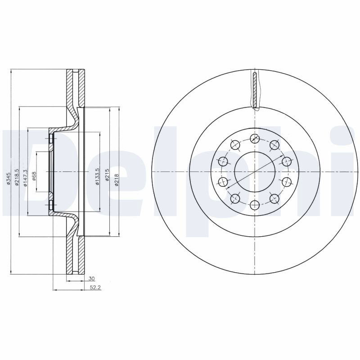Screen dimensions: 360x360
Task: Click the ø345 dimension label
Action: (x=8, y=178)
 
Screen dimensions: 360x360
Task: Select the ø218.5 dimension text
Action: (x=17, y=177)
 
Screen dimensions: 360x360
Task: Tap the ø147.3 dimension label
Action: (x=25, y=178)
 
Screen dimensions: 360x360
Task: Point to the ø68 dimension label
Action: (x=34, y=176)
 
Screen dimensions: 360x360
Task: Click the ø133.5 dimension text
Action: (x=97, y=177)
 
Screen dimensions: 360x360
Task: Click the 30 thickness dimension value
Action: (x=92, y=279)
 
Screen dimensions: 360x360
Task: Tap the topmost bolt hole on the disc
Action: (x=255, y=139)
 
